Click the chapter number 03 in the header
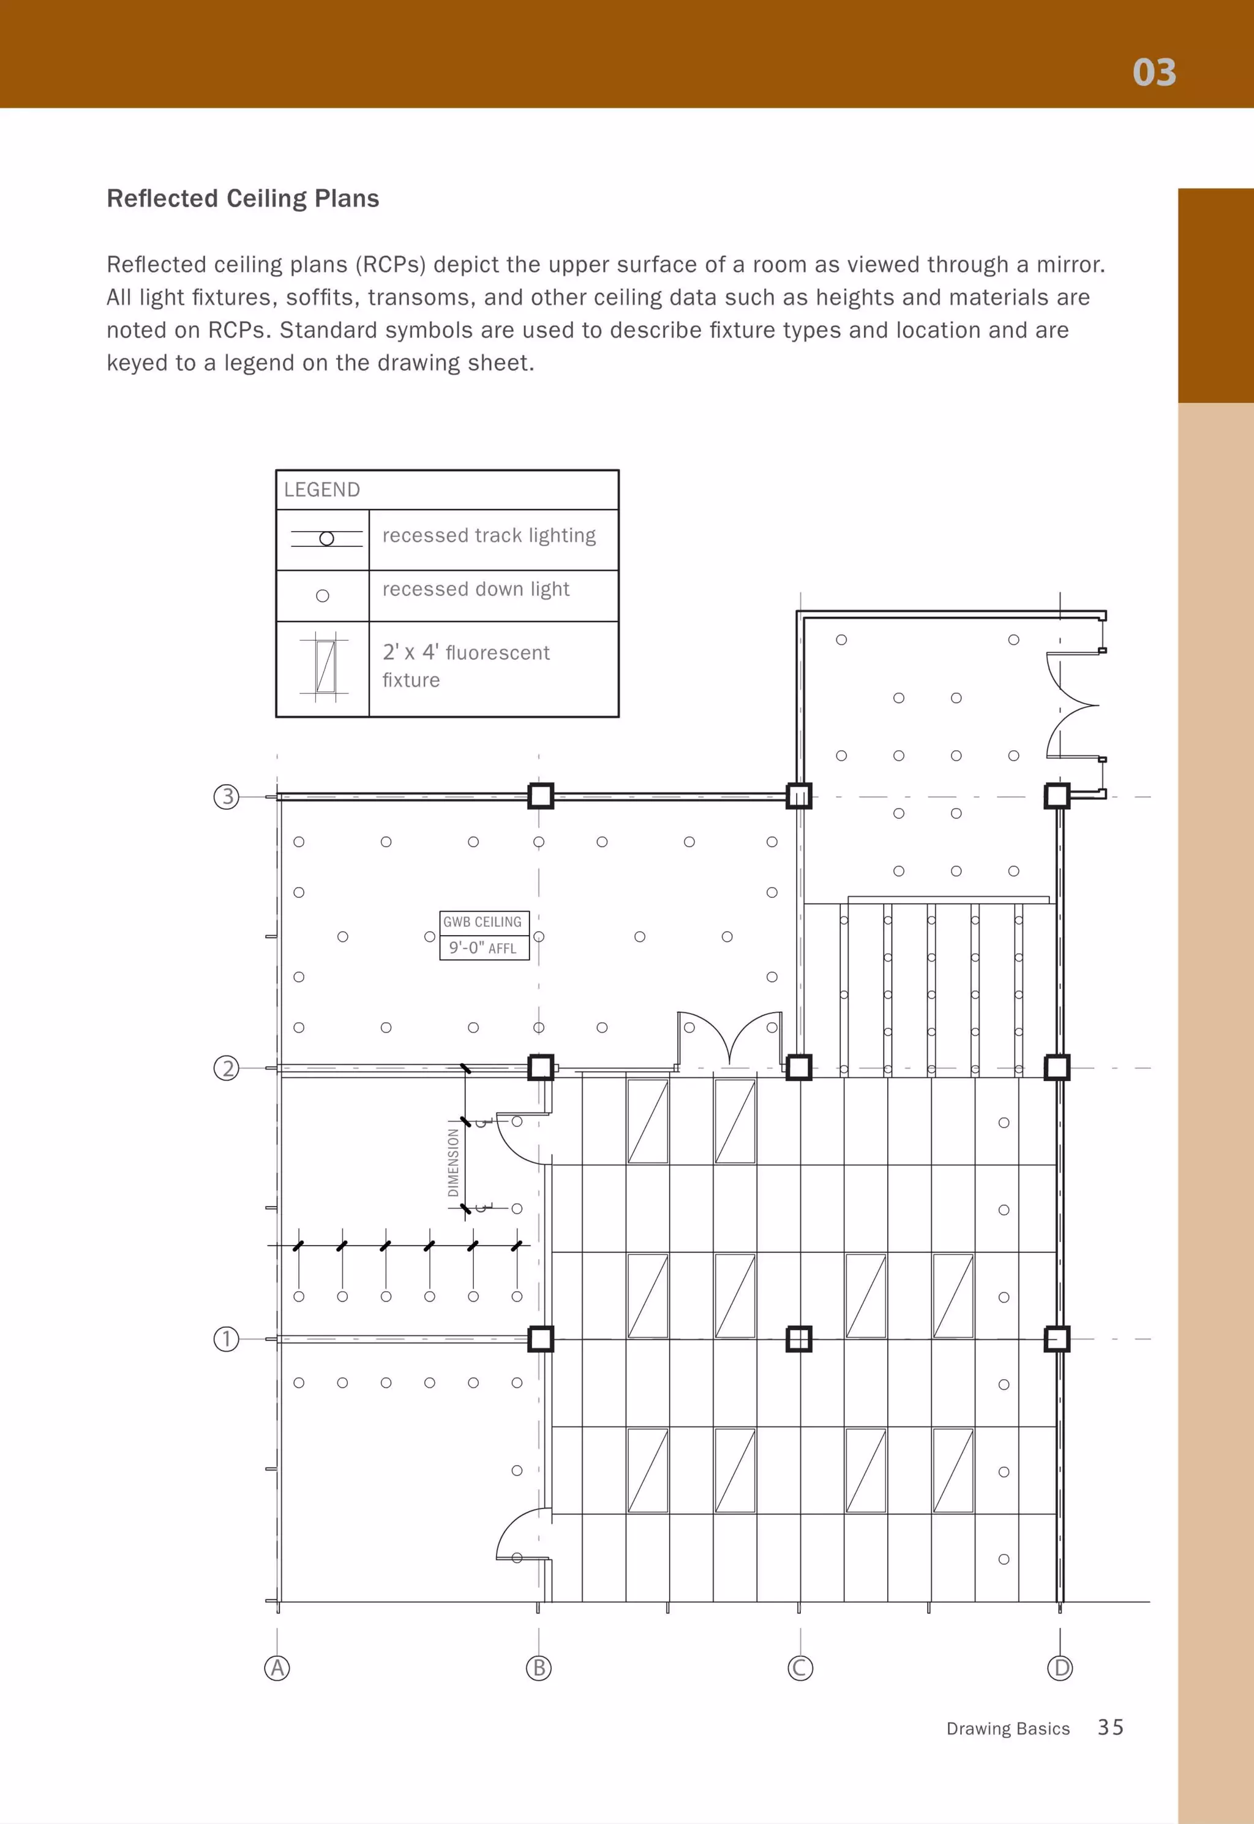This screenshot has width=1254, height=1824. [x=1154, y=72]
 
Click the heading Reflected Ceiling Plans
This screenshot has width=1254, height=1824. [x=243, y=198]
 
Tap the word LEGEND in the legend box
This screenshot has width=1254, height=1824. [x=321, y=489]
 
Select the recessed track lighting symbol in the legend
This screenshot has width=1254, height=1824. [x=326, y=538]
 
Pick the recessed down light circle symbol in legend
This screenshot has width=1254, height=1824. [x=322, y=596]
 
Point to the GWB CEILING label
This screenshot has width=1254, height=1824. [x=482, y=922]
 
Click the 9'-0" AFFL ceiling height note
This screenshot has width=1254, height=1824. [x=482, y=948]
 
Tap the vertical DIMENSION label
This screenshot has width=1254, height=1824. [x=453, y=1163]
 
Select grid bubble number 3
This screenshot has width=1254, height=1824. [x=227, y=797]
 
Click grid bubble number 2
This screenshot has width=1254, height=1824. [x=227, y=1068]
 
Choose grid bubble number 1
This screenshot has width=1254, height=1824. [x=227, y=1338]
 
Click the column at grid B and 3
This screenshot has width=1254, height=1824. [x=541, y=796]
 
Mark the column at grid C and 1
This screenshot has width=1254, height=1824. [x=799, y=1338]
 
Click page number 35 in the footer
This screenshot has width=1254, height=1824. [x=1110, y=1727]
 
